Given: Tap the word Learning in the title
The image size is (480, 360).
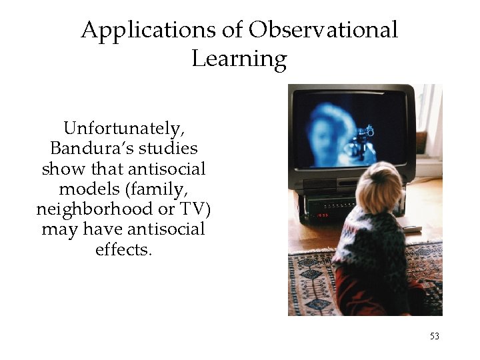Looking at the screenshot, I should tap(239, 59).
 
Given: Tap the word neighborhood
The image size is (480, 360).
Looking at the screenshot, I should tap(95, 209).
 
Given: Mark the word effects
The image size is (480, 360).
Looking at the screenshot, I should tap(123, 251).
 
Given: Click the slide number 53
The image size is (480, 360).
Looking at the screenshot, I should tap(434, 337).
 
